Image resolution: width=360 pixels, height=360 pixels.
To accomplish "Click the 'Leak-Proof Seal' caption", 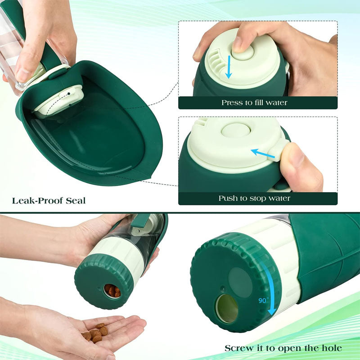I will click(x=49, y=200).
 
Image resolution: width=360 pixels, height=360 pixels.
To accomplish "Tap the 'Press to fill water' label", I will click(x=254, y=103).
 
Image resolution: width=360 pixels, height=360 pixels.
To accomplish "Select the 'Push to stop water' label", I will click(x=254, y=198).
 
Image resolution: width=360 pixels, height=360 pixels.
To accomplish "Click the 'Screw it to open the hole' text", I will click(x=283, y=348).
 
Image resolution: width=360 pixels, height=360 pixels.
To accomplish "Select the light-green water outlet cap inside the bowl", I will click(x=58, y=101).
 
